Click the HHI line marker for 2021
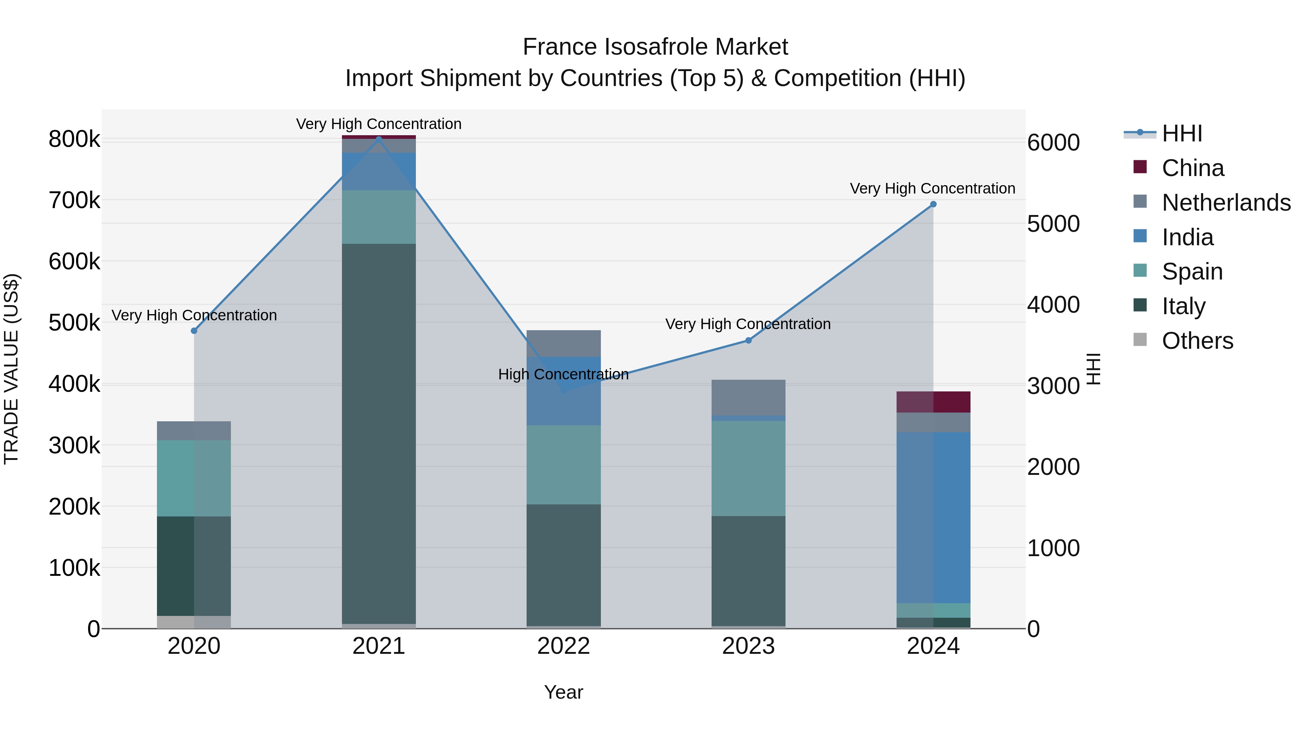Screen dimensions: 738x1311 click(379, 138)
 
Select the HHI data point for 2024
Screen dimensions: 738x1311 click(933, 204)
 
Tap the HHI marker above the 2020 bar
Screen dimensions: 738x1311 click(194, 331)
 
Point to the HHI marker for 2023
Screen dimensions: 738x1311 click(748, 340)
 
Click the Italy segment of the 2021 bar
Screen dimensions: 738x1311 click(379, 433)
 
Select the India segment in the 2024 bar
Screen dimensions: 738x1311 click(933, 517)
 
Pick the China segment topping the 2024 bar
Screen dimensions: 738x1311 click(933, 402)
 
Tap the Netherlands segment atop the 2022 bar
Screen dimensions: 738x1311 click(563, 343)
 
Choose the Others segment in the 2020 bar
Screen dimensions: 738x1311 click(194, 621)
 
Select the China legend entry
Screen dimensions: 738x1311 click(1192, 168)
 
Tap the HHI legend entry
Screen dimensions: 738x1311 click(1182, 133)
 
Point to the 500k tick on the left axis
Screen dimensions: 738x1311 click(74, 323)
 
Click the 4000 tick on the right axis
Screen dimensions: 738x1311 click(1053, 305)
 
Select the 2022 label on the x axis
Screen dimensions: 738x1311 click(563, 646)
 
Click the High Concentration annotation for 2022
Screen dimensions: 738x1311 click(563, 374)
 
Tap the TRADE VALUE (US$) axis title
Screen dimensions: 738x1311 click(12, 369)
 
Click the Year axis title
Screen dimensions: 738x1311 click(563, 692)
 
